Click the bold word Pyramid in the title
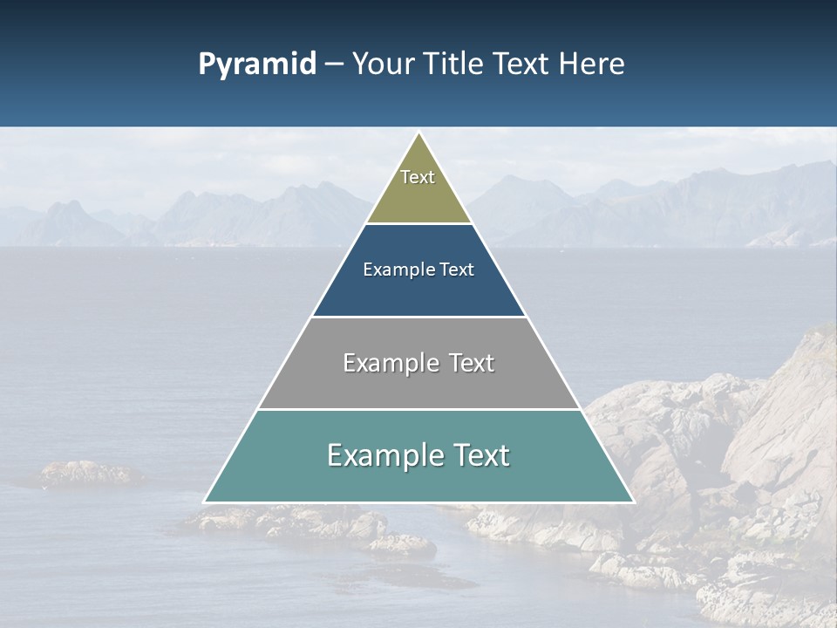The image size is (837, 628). tap(257, 65)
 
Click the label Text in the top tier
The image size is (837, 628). tap(418, 177)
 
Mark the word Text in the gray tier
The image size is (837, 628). tap(471, 363)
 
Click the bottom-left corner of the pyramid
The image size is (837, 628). tap(205, 502)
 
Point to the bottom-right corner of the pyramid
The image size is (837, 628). tap(633, 502)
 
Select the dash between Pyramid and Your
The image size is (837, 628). tap(334, 65)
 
